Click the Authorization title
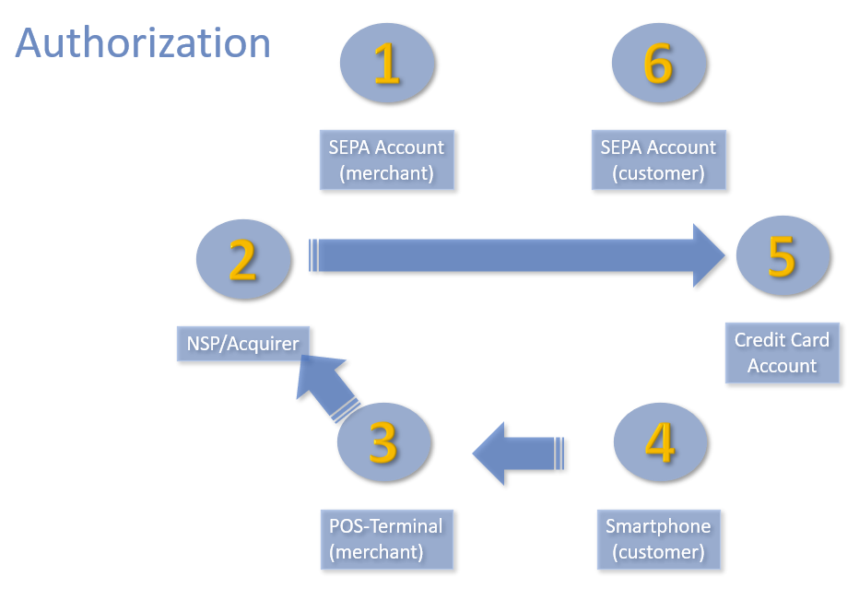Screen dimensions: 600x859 143,42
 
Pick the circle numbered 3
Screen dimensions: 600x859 383,443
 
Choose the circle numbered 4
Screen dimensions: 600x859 660,443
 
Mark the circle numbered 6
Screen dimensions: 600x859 658,65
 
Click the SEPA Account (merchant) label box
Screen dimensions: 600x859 387,160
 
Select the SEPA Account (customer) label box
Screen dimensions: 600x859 658,160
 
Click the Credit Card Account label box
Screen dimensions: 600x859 782,352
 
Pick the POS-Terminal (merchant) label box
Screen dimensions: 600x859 386,538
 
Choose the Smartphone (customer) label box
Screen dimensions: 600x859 658,538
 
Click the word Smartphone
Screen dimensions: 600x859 658,526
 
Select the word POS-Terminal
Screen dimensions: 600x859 386,526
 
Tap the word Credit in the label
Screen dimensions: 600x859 756,339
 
